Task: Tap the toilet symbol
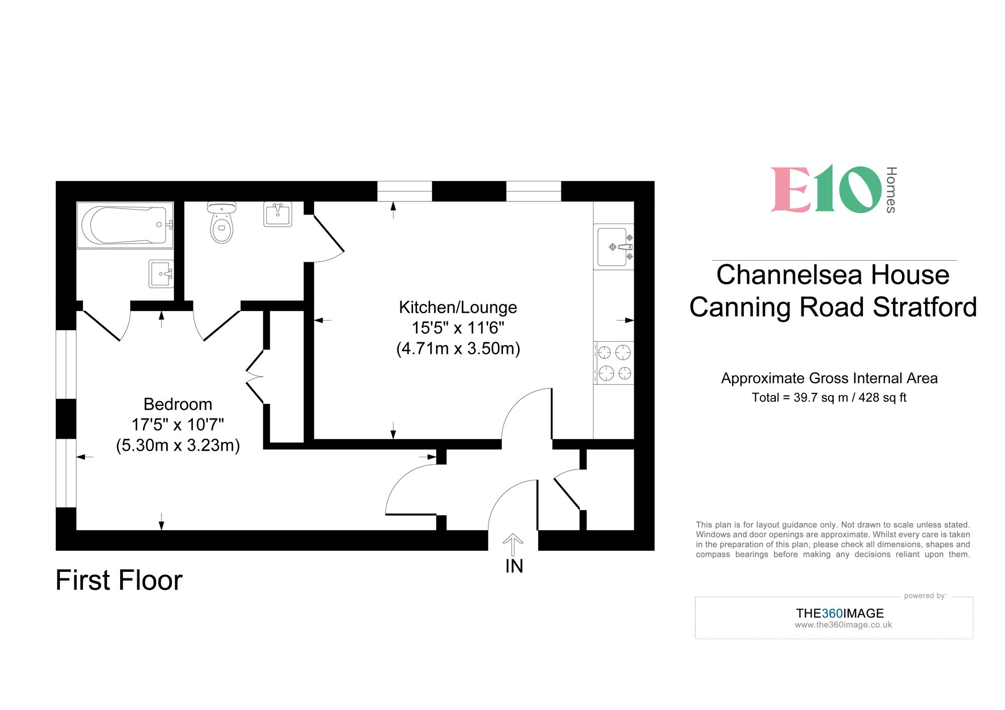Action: click(x=222, y=225)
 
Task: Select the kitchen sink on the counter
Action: click(x=613, y=247)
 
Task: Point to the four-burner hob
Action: click(x=614, y=363)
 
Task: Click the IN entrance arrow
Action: click(x=513, y=544)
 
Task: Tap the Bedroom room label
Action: click(x=178, y=404)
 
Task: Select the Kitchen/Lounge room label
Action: click(x=458, y=307)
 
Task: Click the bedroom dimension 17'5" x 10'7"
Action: click(x=178, y=425)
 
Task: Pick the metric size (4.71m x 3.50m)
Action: click(x=458, y=348)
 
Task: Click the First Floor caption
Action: click(x=119, y=580)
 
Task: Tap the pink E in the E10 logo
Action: click(x=790, y=190)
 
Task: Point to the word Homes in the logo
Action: click(x=890, y=190)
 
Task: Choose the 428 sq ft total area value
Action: click(x=882, y=397)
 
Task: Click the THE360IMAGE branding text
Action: click(x=840, y=613)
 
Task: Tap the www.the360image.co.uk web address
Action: click(x=843, y=625)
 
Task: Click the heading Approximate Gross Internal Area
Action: click(x=829, y=378)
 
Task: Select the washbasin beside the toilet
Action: click(x=277, y=215)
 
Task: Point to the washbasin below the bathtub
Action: click(x=161, y=274)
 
